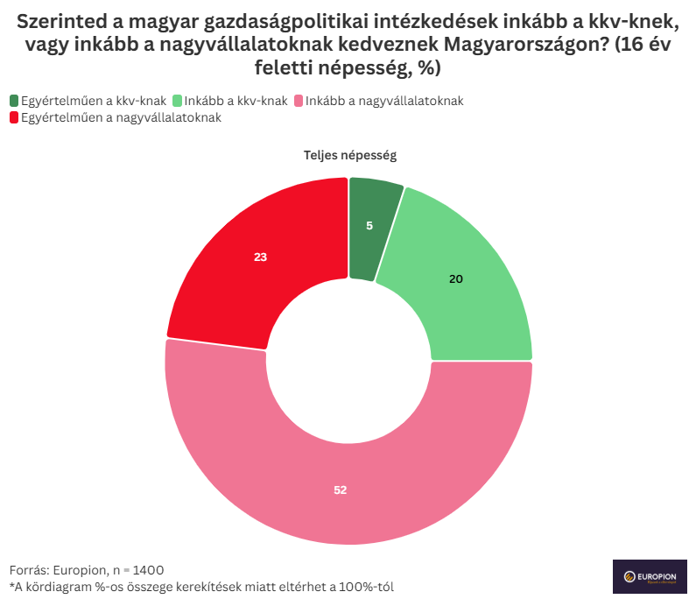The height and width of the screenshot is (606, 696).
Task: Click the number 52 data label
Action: pos(341,490)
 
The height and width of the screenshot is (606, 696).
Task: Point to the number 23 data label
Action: pos(260,257)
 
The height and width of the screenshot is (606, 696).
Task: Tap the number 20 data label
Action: pos(455,279)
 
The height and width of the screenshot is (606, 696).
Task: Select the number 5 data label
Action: pos(369,226)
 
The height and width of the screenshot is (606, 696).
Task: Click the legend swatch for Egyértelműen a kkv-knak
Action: pos(14,101)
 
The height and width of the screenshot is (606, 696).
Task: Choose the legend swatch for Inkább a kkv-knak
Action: pos(179,101)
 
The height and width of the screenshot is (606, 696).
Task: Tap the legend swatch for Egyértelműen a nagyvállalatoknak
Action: pos(14,117)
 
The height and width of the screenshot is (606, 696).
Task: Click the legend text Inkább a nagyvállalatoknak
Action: pos(384,101)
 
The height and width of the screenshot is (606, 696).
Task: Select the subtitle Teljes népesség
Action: pos(350,156)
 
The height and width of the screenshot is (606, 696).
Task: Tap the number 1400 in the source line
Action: pos(147,569)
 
